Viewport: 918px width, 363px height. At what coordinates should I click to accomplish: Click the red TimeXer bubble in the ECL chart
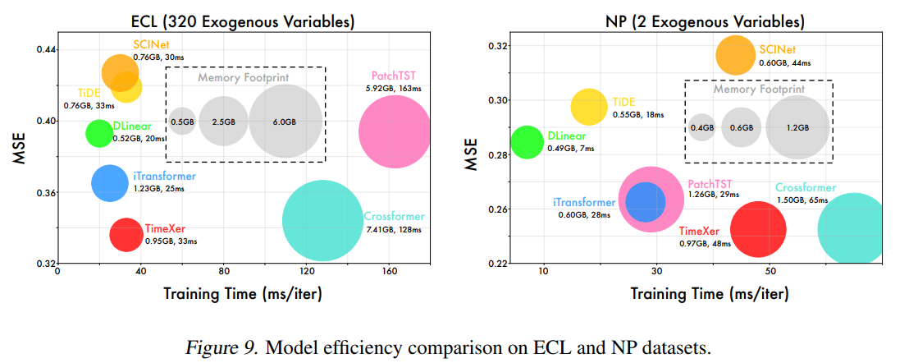[x=126, y=234]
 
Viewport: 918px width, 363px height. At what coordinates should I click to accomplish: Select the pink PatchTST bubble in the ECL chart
[x=395, y=131]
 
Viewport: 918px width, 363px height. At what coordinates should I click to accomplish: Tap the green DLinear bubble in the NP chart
[x=527, y=141]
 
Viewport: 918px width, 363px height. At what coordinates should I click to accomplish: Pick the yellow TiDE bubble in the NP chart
[x=588, y=107]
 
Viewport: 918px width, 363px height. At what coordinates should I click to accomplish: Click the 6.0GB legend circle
[x=284, y=122]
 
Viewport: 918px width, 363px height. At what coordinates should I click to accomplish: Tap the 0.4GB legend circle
[x=701, y=127]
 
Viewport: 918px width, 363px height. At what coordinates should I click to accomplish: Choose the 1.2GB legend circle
[x=797, y=127]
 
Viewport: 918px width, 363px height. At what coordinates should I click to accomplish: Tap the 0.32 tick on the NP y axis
[x=498, y=46]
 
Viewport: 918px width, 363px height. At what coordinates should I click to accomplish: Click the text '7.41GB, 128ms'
[x=393, y=231]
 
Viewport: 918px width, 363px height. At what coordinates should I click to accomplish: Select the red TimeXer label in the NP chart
[x=699, y=232]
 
